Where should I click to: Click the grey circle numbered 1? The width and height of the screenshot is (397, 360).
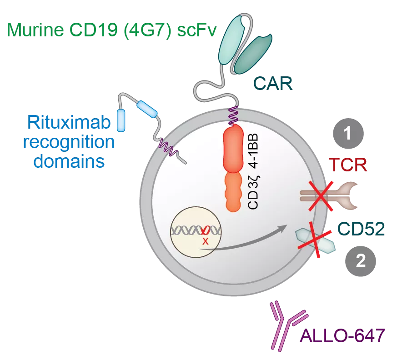pos(348,134)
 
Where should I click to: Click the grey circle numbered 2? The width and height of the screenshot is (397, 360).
pos(360,262)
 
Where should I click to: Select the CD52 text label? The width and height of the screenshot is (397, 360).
pos(362,229)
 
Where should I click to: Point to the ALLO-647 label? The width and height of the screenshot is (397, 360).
pos(342,336)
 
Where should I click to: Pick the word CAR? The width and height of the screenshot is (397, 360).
pos(272,84)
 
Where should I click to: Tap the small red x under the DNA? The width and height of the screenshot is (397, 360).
pos(205,241)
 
